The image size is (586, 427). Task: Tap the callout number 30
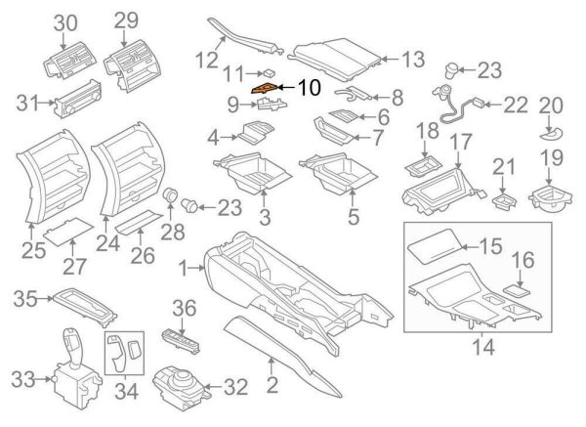tap(65, 21)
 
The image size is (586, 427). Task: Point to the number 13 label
tap(413, 60)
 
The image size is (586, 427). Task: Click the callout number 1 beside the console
tap(185, 266)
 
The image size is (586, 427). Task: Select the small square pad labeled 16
tap(514, 288)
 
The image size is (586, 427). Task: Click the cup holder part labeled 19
tap(551, 203)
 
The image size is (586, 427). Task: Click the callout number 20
tap(551, 104)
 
